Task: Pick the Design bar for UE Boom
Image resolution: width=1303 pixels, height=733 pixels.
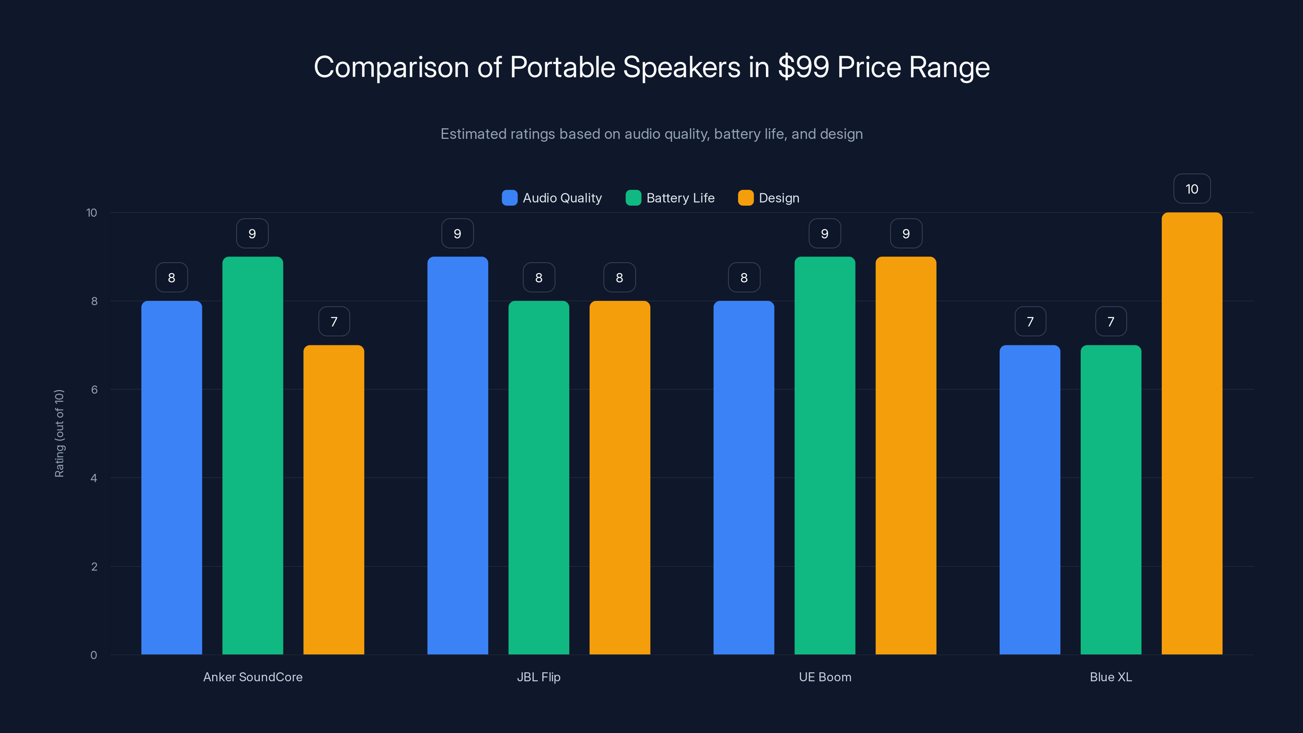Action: coord(906,455)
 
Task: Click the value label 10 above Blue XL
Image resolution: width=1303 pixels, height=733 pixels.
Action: coord(1192,189)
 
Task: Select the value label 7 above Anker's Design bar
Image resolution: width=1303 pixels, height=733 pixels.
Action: coord(334,321)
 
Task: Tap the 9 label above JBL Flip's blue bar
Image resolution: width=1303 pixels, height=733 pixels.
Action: coord(457,233)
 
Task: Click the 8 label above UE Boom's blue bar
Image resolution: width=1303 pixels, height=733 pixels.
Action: coord(744,277)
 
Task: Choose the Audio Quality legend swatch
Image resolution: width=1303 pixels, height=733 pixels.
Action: coord(509,198)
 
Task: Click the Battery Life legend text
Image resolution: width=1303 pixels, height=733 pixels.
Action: coord(680,198)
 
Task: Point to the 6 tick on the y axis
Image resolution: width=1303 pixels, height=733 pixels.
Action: coord(94,390)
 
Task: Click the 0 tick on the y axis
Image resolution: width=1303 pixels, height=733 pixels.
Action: coord(94,655)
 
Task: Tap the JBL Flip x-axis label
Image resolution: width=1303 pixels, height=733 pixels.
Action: coord(539,677)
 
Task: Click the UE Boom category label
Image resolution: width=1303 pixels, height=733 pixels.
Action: coord(825,677)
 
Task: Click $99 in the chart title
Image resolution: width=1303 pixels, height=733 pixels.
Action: coord(803,67)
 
